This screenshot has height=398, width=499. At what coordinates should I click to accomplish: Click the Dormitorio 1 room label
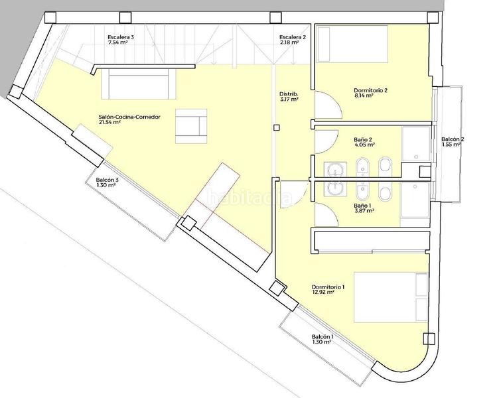pos(328,287)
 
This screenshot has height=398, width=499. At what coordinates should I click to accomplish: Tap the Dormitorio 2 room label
pos(370,90)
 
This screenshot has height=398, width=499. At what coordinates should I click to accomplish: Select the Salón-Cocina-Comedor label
pos(129,117)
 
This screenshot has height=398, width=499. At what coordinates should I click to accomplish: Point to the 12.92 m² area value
pos(323,292)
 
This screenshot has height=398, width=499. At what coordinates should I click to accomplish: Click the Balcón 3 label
pos(107,180)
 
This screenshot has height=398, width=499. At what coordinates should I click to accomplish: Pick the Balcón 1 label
pos(322,336)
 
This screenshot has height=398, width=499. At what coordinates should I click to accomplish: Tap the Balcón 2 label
pos(453,139)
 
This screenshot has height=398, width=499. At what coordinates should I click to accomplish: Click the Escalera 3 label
pos(121,37)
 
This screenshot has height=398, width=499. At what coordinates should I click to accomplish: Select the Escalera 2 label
pos(293,37)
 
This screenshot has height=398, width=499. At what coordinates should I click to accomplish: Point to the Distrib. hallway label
pos(289,94)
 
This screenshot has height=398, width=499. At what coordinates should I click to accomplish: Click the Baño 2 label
pos(363,139)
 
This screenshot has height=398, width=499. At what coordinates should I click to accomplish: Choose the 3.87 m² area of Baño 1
pos(364,211)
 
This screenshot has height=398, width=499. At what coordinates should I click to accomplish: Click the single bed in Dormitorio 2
pos(352,44)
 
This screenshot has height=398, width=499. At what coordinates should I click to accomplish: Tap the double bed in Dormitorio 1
pos(391,297)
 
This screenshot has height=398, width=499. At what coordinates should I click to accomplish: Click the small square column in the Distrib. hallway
pos(277,127)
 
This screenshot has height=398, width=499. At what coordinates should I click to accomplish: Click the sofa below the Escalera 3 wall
pos(139,84)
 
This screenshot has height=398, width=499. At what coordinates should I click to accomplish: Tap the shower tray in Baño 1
pos(415,200)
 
